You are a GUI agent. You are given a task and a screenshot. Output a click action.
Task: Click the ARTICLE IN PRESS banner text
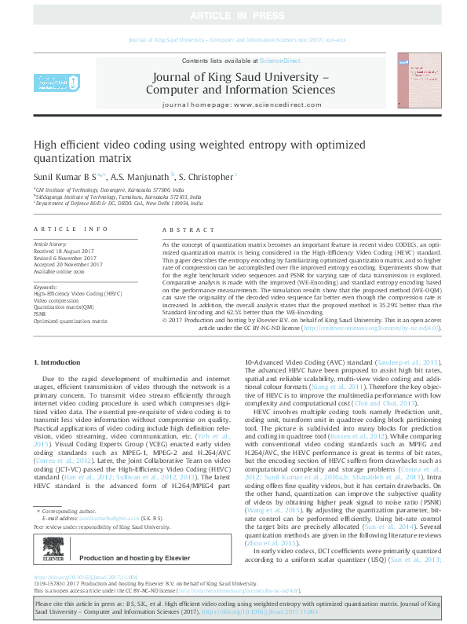click(233, 16)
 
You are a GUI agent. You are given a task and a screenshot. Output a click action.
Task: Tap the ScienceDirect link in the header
click(275, 61)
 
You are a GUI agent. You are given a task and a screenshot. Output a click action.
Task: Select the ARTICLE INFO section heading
click(71, 229)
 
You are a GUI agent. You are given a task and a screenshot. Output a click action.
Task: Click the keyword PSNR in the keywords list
click(40, 313)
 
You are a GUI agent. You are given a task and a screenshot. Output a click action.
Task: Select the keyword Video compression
click(56, 300)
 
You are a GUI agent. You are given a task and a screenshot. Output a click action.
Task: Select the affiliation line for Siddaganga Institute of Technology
click(119, 196)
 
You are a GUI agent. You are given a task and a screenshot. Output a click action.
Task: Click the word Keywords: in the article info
click(46, 288)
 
